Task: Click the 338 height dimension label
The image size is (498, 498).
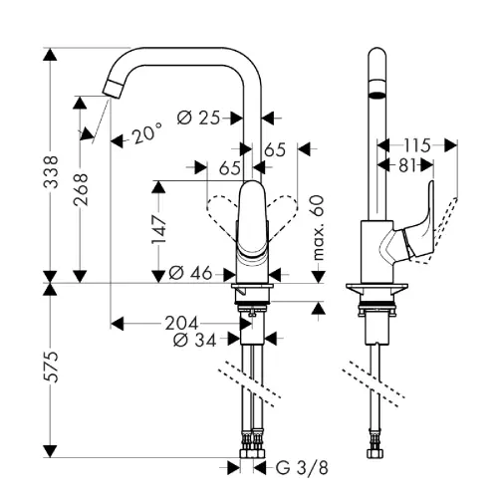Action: [x=51, y=171]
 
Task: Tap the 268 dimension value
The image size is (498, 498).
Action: [x=80, y=189]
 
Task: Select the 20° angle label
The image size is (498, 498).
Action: [x=147, y=132]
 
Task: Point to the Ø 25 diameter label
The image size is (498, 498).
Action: [x=198, y=118]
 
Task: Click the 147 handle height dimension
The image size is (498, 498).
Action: [x=158, y=229]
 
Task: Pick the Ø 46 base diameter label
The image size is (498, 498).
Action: [x=190, y=273]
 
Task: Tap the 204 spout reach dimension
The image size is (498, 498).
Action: [x=181, y=323]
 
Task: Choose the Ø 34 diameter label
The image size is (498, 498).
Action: [x=194, y=340]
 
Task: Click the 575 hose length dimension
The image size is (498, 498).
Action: [x=51, y=367]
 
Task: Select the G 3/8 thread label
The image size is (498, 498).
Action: [x=302, y=468]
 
